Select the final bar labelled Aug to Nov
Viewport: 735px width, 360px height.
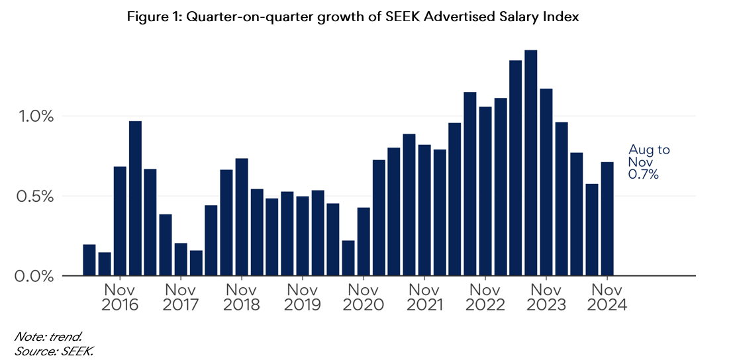coord(607,218)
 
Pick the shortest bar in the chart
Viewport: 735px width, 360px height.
coord(105,264)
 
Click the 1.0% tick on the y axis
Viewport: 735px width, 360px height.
coord(34,116)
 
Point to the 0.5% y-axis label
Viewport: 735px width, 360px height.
coord(34,197)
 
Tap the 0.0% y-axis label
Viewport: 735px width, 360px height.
coord(34,276)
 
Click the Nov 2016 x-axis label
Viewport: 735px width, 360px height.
coord(120,297)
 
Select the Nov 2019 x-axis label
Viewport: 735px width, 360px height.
coord(303,297)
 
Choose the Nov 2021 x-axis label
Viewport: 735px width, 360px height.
coord(424,297)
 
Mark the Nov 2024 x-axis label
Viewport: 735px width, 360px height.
coord(607,297)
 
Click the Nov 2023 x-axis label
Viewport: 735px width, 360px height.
coord(546,297)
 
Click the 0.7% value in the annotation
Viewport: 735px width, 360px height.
coord(643,174)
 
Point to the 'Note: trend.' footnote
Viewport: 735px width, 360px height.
coord(40,338)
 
